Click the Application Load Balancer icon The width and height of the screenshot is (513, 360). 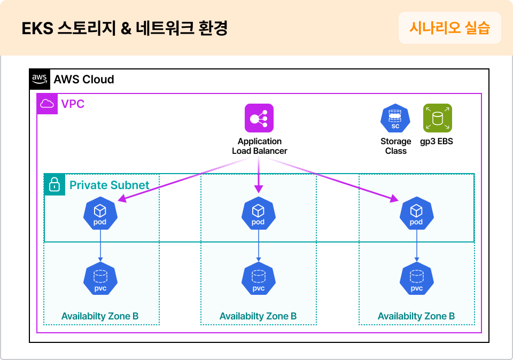tap(259, 118)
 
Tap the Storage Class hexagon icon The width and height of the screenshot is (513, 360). tap(395, 118)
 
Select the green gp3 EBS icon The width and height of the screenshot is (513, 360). tap(437, 118)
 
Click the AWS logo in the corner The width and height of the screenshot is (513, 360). tap(40, 79)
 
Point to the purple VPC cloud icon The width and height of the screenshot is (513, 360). tap(47, 104)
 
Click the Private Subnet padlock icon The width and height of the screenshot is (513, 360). tap(55, 185)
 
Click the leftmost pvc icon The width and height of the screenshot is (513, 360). tap(100, 279)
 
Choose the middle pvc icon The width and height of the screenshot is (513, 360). tap(259, 279)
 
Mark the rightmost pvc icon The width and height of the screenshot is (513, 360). tap(417, 279)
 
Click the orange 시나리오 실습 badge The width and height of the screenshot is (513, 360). tap(449, 28)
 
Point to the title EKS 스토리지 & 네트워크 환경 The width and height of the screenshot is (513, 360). tap(125, 28)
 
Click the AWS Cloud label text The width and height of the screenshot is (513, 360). tap(84, 80)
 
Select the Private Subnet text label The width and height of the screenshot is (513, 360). tap(109, 185)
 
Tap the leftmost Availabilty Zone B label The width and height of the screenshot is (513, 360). tap(100, 316)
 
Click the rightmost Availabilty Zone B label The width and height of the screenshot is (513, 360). tap(416, 316)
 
